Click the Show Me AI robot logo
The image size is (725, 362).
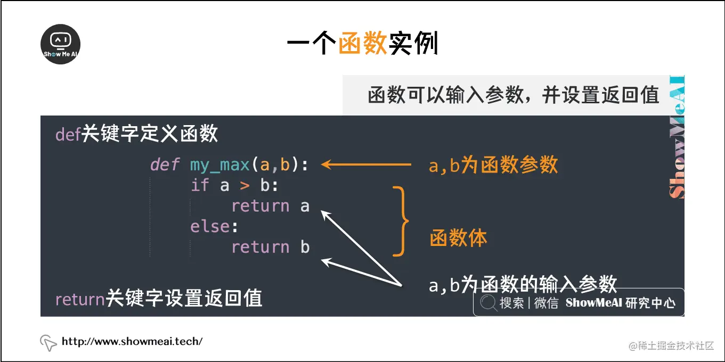(61, 44)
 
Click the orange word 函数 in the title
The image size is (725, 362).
(362, 44)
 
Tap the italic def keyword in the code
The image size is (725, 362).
(165, 164)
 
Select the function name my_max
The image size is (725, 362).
(219, 165)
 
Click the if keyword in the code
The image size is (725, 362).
(200, 185)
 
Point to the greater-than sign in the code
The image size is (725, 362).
(245, 186)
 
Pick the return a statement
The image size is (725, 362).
(270, 206)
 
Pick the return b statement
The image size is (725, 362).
(270, 247)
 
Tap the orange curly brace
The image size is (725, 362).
(402, 221)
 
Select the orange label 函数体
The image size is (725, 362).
(458, 238)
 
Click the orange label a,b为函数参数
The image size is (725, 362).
(493, 165)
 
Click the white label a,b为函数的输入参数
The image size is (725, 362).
(523, 284)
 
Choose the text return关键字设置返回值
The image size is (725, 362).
(159, 299)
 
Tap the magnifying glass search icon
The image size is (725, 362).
(487, 303)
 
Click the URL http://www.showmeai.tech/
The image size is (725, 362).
(132, 341)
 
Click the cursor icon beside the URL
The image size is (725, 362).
(48, 343)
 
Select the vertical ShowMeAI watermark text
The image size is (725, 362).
(676, 138)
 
